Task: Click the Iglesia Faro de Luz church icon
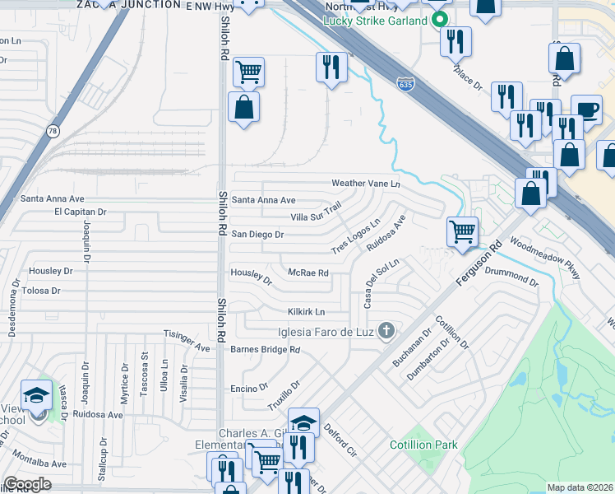(386, 332)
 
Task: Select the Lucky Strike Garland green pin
(440, 19)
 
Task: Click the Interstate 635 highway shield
(404, 85)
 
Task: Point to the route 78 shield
(53, 131)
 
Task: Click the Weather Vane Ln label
(365, 183)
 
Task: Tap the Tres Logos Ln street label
(355, 236)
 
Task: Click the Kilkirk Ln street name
(307, 312)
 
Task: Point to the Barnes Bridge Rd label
(266, 350)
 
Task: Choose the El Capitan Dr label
(81, 212)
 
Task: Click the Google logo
(27, 484)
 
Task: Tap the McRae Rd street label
(308, 273)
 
